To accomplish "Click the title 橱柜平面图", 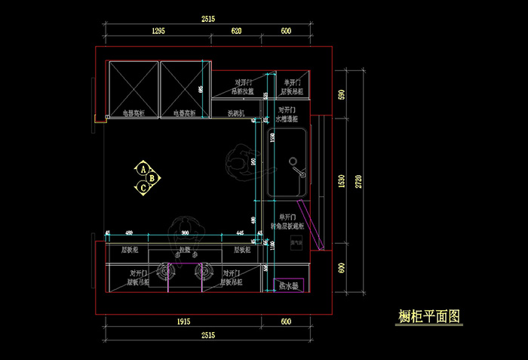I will tap(428, 317).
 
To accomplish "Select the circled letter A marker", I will tap(142, 169).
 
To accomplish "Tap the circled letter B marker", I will tap(152, 178).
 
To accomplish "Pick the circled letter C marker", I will tap(142, 186).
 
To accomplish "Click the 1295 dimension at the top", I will tap(158, 31).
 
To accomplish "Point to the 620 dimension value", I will tap(236, 31).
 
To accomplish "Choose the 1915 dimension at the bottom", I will tap(183, 322).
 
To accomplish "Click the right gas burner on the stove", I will tap(202, 270).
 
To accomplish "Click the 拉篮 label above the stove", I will tap(185, 249).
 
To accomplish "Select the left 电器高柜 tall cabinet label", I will tap(134, 113).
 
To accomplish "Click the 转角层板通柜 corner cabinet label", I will tap(287, 225).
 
